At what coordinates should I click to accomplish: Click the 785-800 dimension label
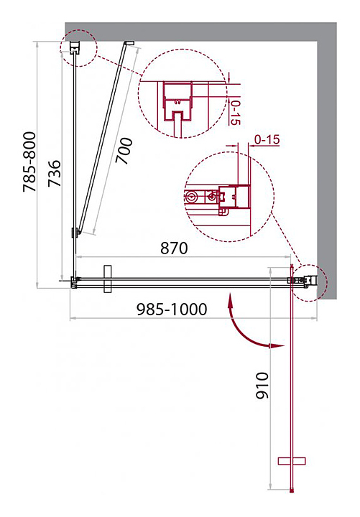tap(29, 162)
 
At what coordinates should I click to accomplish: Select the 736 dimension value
tap(55, 174)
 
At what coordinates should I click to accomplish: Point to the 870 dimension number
tap(174, 248)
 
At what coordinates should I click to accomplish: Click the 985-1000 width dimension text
tap(172, 309)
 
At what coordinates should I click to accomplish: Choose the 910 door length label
tap(263, 386)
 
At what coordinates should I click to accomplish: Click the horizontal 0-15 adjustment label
tap(267, 140)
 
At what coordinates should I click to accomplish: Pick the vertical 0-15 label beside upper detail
tap(235, 113)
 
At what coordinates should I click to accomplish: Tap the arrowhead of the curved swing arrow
tap(277, 346)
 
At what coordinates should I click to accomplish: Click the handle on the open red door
tap(292, 461)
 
